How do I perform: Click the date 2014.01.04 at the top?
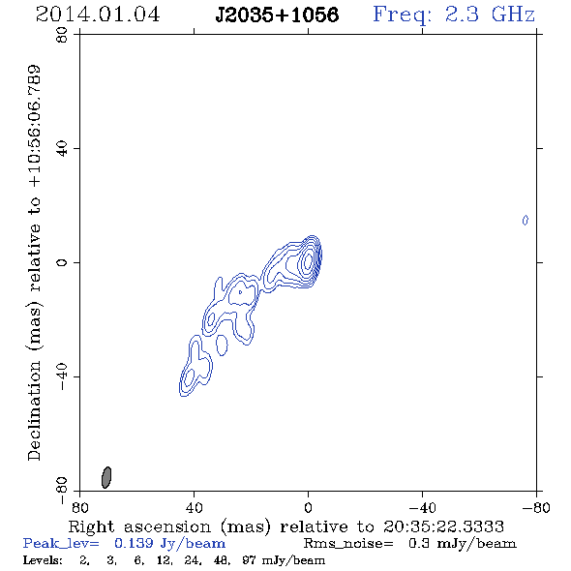coord(98,15)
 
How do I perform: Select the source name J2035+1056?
coord(277,15)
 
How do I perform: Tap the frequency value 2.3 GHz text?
coord(490,15)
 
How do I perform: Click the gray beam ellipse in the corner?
coord(105,477)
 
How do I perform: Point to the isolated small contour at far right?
coord(526,221)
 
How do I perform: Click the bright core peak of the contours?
coord(308,260)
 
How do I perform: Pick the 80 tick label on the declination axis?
coord(62,35)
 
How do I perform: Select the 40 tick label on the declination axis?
coord(62,149)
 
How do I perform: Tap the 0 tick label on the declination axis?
coord(62,262)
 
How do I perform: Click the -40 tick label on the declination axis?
coord(62,376)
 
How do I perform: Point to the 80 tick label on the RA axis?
coord(79,508)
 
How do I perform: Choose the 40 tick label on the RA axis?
coord(194,508)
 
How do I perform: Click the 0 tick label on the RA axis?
coord(308,508)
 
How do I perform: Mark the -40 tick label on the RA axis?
coord(422,508)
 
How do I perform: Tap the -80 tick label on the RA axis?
coord(536,508)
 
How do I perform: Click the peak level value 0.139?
coord(134,543)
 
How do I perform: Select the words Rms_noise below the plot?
coord(348,544)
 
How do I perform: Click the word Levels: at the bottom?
coord(43,560)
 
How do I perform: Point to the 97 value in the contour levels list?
coord(249,560)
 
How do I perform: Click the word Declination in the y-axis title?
coord(34,410)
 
